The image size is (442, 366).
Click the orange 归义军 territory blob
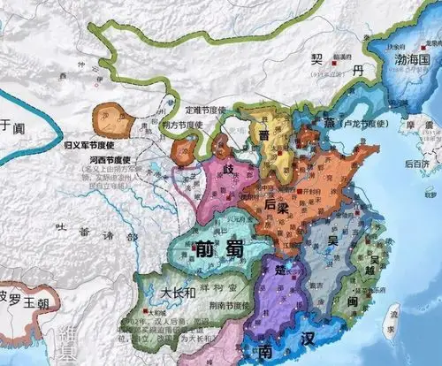(113, 118)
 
